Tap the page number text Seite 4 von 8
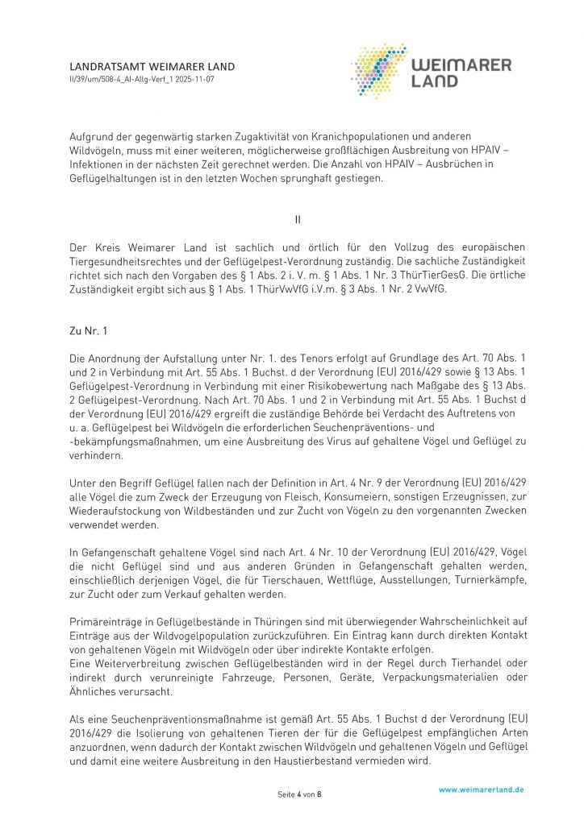pos(299,794)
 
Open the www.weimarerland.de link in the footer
pos(482,790)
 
